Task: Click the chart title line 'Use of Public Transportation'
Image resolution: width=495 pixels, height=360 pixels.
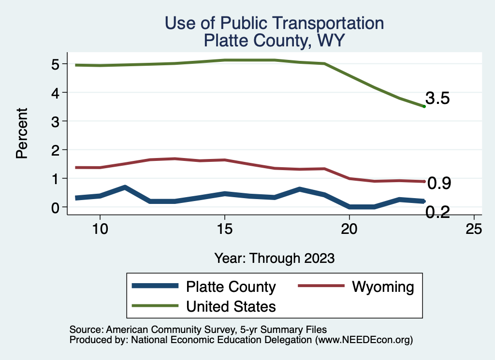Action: (274, 23)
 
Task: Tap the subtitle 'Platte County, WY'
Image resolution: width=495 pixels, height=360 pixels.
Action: (274, 40)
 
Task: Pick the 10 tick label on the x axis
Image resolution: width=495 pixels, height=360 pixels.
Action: (100, 230)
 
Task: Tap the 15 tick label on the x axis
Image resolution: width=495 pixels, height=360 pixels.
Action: (224, 230)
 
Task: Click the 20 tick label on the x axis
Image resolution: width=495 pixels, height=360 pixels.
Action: (349, 230)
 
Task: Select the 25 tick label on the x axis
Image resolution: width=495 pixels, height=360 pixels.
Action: (474, 230)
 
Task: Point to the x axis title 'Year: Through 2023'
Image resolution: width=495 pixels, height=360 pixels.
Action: (275, 258)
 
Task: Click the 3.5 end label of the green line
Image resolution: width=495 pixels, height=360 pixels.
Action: (438, 99)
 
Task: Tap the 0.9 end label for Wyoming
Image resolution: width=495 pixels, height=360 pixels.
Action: (439, 183)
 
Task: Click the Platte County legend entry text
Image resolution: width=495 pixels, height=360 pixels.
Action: (231, 287)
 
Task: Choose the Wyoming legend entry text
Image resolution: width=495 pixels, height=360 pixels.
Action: (383, 287)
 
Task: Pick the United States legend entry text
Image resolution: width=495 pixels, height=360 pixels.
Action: (231, 306)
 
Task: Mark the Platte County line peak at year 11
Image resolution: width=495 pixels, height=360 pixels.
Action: (125, 187)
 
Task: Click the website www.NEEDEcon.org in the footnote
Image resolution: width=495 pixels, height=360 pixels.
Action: (363, 340)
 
